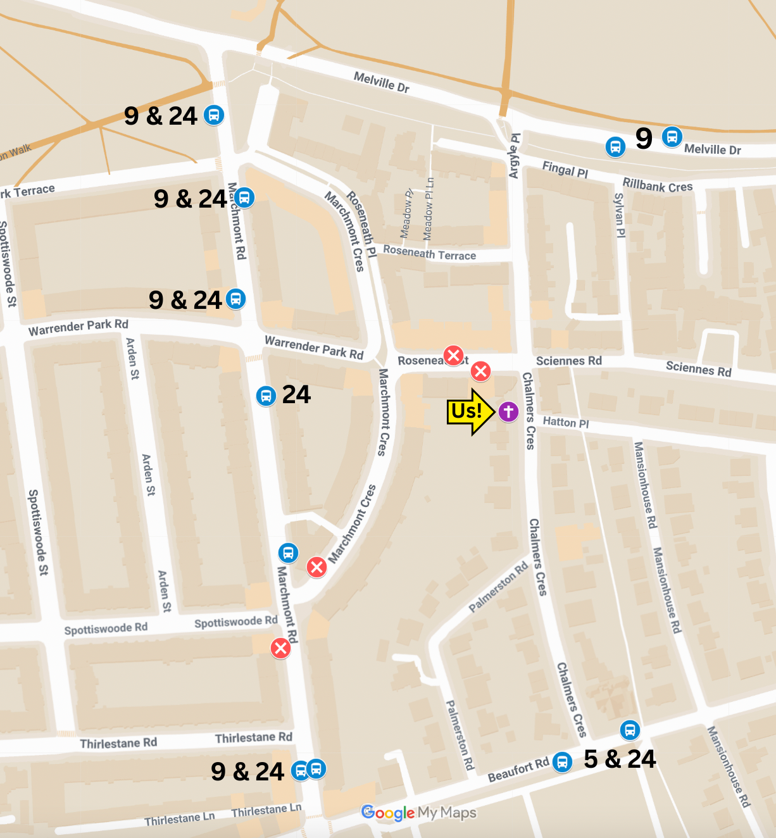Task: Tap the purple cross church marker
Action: pos(508,411)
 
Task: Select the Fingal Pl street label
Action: pos(565,169)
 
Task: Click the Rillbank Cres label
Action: pos(657,185)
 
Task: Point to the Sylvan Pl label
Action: pos(620,215)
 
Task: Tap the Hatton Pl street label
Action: pos(565,422)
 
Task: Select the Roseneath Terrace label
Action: pos(429,253)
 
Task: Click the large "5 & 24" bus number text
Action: pos(620,759)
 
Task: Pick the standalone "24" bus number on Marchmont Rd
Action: pos(296,395)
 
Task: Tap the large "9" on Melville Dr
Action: pos(644,138)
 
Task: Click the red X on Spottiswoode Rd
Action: pos(280,648)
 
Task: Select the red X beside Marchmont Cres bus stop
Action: pos(316,567)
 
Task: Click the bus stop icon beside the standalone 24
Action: pos(266,396)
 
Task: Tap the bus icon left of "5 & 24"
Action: pos(562,761)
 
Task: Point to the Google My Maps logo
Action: pos(418,813)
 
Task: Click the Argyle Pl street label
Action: pos(515,156)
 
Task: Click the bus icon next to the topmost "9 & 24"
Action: pos(214,115)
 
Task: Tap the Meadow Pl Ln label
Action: pos(429,209)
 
